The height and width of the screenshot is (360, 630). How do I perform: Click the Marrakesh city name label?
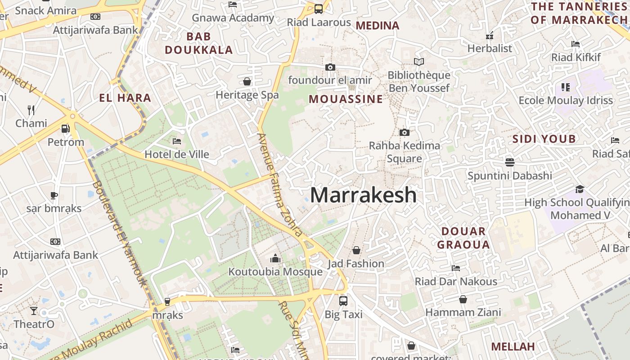click(363, 195)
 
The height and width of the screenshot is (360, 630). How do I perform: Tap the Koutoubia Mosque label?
click(275, 272)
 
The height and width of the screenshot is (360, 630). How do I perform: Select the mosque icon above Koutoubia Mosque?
click(275, 258)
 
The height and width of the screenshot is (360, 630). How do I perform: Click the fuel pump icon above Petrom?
click(65, 129)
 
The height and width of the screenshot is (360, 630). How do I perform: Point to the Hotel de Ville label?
click(177, 154)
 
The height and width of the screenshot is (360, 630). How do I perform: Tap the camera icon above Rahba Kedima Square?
click(405, 132)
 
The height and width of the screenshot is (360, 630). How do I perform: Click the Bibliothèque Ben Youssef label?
click(419, 81)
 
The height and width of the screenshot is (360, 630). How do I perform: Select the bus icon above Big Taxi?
click(343, 301)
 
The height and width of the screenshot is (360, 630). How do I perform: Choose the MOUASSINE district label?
click(346, 99)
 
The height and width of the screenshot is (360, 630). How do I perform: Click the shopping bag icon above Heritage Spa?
click(247, 81)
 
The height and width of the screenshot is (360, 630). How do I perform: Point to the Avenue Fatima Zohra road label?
click(279, 184)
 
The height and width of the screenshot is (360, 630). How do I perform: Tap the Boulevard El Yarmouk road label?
click(120, 234)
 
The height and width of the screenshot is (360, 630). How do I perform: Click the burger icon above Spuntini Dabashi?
click(509, 162)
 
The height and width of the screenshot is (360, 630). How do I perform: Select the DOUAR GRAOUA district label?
click(463, 238)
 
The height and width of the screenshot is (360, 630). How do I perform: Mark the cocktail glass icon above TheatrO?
click(34, 310)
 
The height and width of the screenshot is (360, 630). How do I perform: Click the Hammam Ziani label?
click(463, 312)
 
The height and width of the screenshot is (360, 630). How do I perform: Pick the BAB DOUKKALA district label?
click(198, 43)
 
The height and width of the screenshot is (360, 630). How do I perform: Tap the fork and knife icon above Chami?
click(31, 110)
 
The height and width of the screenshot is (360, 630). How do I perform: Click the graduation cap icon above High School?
click(580, 189)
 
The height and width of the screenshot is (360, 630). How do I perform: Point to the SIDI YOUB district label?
click(544, 139)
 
